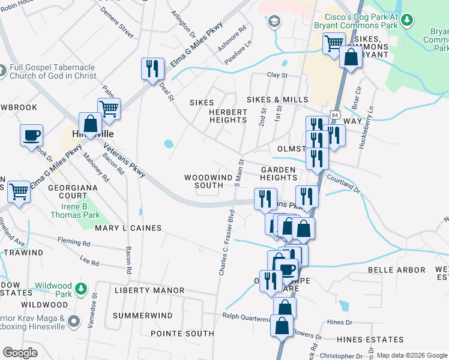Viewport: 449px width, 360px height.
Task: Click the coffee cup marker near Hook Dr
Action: click(31, 135)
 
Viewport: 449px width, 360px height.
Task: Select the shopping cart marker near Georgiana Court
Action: click(19, 192)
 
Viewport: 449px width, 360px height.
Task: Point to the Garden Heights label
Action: click(279, 173)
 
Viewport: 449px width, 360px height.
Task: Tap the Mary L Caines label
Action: click(128, 228)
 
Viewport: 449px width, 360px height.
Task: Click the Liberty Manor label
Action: click(149, 290)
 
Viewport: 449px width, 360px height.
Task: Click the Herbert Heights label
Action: click(228, 116)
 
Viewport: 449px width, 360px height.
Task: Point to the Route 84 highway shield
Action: click(334, 113)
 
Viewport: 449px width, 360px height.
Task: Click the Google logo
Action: click(20, 353)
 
